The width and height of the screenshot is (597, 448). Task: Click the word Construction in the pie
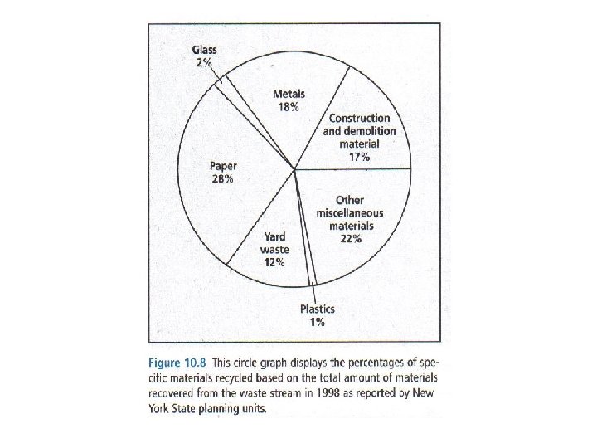358,119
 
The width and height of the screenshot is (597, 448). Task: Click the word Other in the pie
350,200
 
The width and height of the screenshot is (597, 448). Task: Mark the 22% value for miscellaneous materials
350,238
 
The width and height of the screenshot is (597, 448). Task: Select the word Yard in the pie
274,236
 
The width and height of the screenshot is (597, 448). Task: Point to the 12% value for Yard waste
274,262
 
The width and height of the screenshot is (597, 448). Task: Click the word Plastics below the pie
318,309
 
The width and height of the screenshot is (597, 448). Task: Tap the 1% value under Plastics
318,322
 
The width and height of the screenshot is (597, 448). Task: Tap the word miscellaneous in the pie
350,212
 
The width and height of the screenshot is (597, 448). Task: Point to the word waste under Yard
274,249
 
